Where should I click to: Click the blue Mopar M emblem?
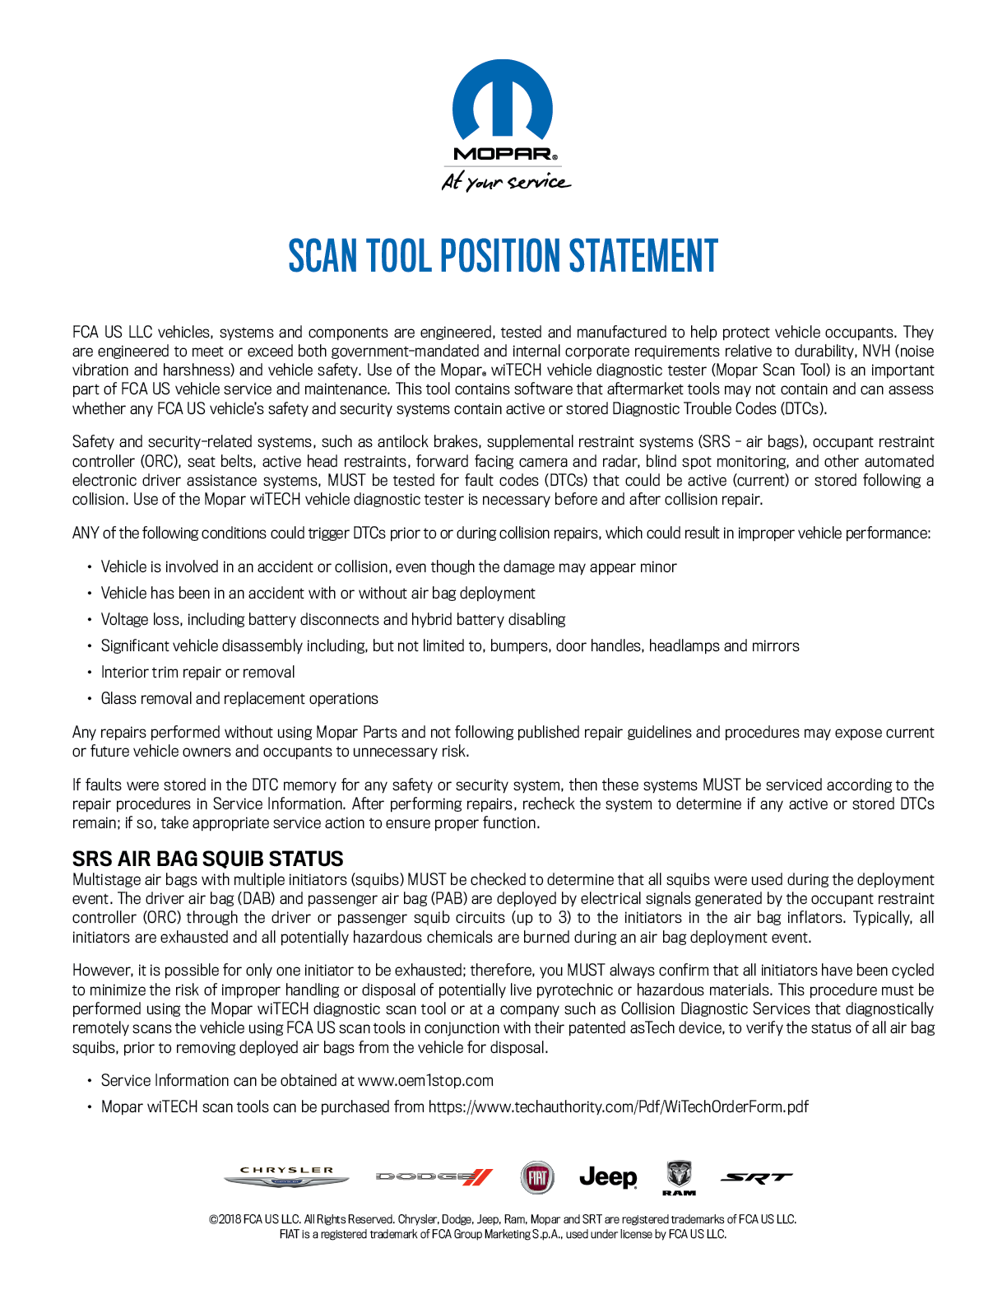click(x=503, y=100)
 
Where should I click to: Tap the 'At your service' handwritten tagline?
click(x=505, y=182)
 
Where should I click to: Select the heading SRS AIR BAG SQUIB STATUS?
click(x=208, y=859)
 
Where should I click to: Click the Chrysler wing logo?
click(x=286, y=1177)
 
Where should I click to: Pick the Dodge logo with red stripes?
click(x=434, y=1177)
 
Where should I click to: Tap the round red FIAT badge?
click(x=537, y=1177)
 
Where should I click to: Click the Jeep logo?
click(x=608, y=1177)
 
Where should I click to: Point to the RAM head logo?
click(x=679, y=1176)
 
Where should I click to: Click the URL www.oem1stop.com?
click(x=425, y=1080)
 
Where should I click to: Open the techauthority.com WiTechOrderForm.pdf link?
click(x=618, y=1106)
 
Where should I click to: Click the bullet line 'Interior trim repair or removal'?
click(x=197, y=672)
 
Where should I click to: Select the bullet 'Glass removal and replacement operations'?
click(x=239, y=698)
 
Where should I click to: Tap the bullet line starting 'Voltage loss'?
click(x=332, y=619)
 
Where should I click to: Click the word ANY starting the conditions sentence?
click(x=86, y=533)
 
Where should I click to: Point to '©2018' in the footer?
click(x=225, y=1219)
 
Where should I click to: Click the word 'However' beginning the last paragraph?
click(x=102, y=970)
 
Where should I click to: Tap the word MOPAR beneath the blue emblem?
click(x=503, y=154)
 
